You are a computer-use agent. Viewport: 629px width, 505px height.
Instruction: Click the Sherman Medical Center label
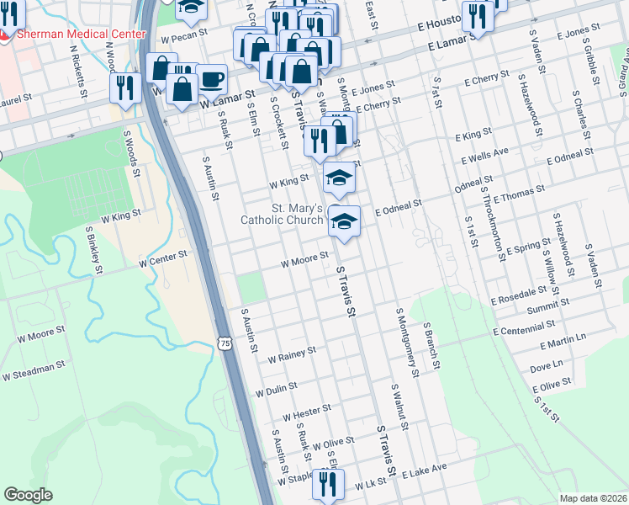tap(79, 35)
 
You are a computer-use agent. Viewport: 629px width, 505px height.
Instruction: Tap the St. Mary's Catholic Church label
tap(282, 215)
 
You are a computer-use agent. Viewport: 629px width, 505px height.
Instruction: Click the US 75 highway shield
tap(223, 342)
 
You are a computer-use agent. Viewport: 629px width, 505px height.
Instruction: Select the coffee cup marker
tap(211, 80)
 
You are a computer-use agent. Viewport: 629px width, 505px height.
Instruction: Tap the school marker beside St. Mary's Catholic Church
tap(343, 222)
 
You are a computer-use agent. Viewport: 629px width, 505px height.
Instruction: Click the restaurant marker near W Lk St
tap(327, 484)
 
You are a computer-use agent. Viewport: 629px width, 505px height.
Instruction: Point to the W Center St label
tap(162, 258)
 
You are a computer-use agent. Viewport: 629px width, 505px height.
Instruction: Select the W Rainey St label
tap(291, 354)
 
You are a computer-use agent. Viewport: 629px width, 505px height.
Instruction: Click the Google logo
tap(28, 495)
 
